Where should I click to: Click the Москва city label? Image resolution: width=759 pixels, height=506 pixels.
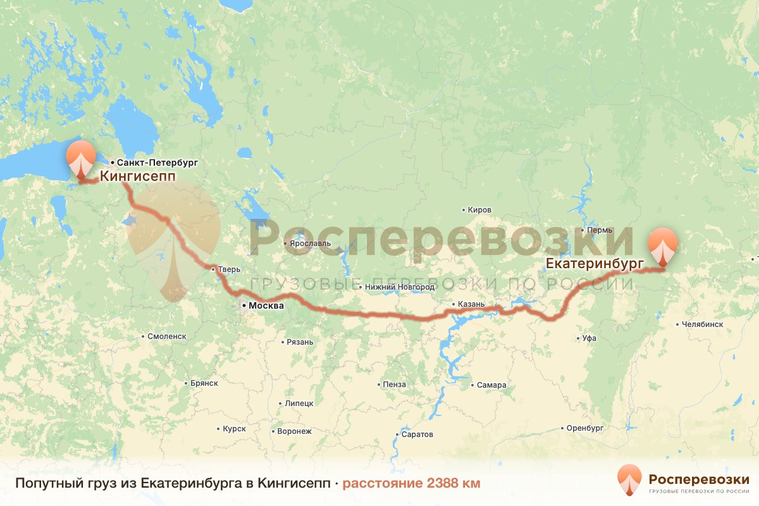tap(266, 306)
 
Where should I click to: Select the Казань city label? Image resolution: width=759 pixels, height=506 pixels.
tap(472, 304)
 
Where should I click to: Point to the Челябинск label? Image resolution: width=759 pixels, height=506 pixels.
tap(702, 324)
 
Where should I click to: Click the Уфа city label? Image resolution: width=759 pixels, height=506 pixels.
tap(589, 338)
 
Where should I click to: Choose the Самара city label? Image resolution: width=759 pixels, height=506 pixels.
tap(491, 385)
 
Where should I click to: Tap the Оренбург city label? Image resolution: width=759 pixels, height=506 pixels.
tap(585, 428)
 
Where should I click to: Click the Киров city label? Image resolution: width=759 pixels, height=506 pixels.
tap(479, 210)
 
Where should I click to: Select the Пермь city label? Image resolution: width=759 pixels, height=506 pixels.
tap(600, 230)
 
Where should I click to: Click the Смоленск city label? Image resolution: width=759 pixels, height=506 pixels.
tap(166, 336)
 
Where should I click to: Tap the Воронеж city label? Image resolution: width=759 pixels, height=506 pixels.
tap(294, 431)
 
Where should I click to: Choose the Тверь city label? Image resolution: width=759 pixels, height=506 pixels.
tap(229, 269)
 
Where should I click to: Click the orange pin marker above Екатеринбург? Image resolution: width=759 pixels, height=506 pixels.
tap(662, 246)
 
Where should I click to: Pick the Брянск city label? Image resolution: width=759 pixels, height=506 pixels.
tap(204, 383)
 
